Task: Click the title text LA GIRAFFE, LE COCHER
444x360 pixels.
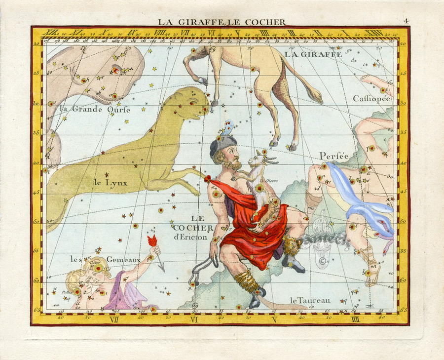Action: click(221, 22)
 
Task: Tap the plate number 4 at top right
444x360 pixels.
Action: click(406, 21)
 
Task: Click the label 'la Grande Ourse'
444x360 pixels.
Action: click(95, 109)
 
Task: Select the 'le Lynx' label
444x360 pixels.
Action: click(111, 183)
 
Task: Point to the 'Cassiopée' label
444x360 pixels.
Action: click(371, 98)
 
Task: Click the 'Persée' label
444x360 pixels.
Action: click(334, 156)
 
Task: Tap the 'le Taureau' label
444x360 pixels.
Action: click(310, 300)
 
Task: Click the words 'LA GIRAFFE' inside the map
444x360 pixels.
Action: click(313, 54)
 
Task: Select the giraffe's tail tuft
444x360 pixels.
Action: click(314, 95)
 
